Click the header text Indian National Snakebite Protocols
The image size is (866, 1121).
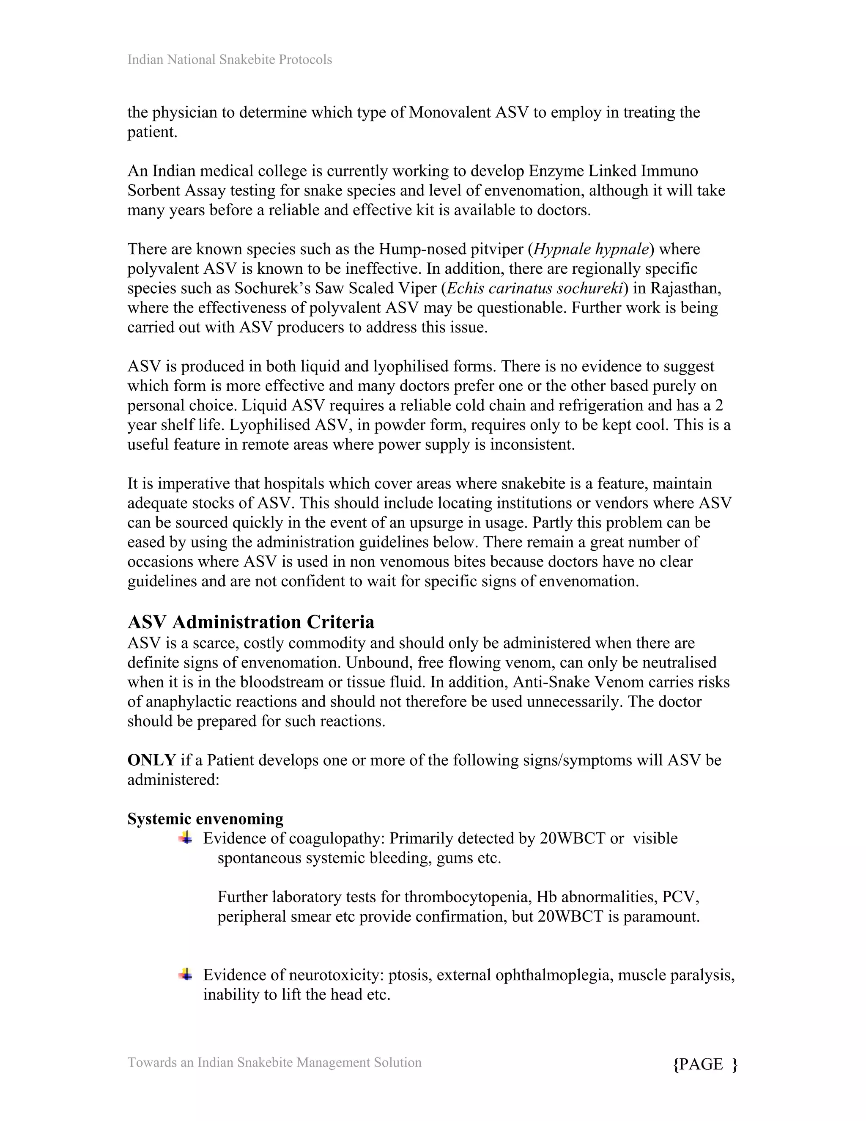click(229, 60)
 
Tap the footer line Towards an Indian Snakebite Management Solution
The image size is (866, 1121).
click(274, 1062)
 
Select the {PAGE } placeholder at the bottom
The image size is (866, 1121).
click(704, 1064)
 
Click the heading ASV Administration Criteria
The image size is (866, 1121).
click(251, 622)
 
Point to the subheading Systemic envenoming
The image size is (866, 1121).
click(205, 819)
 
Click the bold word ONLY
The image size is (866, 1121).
click(151, 760)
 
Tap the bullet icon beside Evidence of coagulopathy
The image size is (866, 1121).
click(185, 838)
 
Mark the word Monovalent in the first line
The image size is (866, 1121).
click(449, 113)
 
